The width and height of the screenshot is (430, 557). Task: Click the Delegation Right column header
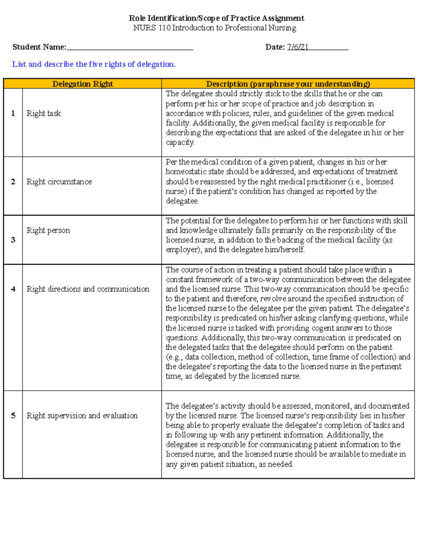[82, 84]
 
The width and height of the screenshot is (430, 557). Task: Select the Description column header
[288, 84]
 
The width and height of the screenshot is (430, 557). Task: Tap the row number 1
[13, 113]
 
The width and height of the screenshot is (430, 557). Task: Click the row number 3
[13, 240]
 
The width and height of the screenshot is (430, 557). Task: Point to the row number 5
[13, 416]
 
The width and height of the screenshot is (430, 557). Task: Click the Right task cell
[44, 113]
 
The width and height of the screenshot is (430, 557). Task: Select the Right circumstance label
[59, 182]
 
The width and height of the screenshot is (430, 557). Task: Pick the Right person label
[48, 230]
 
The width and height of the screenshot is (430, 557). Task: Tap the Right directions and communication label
[88, 289]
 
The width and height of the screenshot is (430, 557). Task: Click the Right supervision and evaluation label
[82, 416]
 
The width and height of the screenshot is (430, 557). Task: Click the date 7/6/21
[297, 47]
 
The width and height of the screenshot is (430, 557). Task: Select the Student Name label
[39, 47]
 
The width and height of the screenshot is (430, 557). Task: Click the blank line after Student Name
[130, 48]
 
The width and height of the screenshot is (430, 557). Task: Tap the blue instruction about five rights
[94, 64]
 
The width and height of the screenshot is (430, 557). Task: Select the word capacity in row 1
[180, 143]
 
